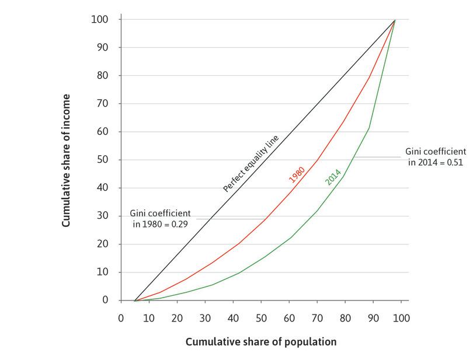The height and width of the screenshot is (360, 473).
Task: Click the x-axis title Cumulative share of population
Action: point(261,342)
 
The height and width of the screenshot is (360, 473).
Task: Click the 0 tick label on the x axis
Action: point(121,319)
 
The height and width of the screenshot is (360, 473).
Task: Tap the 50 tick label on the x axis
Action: point(261,319)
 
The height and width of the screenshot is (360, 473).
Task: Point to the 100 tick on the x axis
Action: point(401,319)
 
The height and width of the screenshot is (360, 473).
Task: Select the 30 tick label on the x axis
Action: point(205,319)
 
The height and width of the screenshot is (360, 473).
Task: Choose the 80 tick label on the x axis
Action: point(345,319)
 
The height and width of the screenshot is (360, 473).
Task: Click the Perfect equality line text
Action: point(251,163)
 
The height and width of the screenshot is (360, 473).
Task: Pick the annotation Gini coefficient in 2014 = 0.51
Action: point(433,157)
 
